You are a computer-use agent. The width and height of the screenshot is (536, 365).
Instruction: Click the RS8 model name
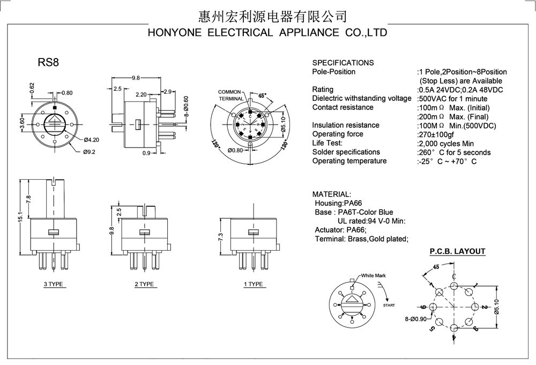(47, 63)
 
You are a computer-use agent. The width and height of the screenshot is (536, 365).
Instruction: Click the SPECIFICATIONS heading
(343, 63)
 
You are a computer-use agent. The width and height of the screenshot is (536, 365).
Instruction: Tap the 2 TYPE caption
(144, 284)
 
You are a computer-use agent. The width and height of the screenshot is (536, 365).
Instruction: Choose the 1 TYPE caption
(252, 284)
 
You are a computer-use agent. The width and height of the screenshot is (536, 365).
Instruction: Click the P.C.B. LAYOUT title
(457, 251)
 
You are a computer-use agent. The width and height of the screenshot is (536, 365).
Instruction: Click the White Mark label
(373, 275)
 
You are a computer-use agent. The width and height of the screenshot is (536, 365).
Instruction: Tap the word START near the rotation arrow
(389, 305)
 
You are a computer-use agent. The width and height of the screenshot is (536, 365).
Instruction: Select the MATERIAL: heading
(331, 194)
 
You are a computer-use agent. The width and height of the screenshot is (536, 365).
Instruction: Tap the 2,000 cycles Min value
(446, 143)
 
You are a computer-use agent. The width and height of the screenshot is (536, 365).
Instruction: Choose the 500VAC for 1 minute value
(453, 98)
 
